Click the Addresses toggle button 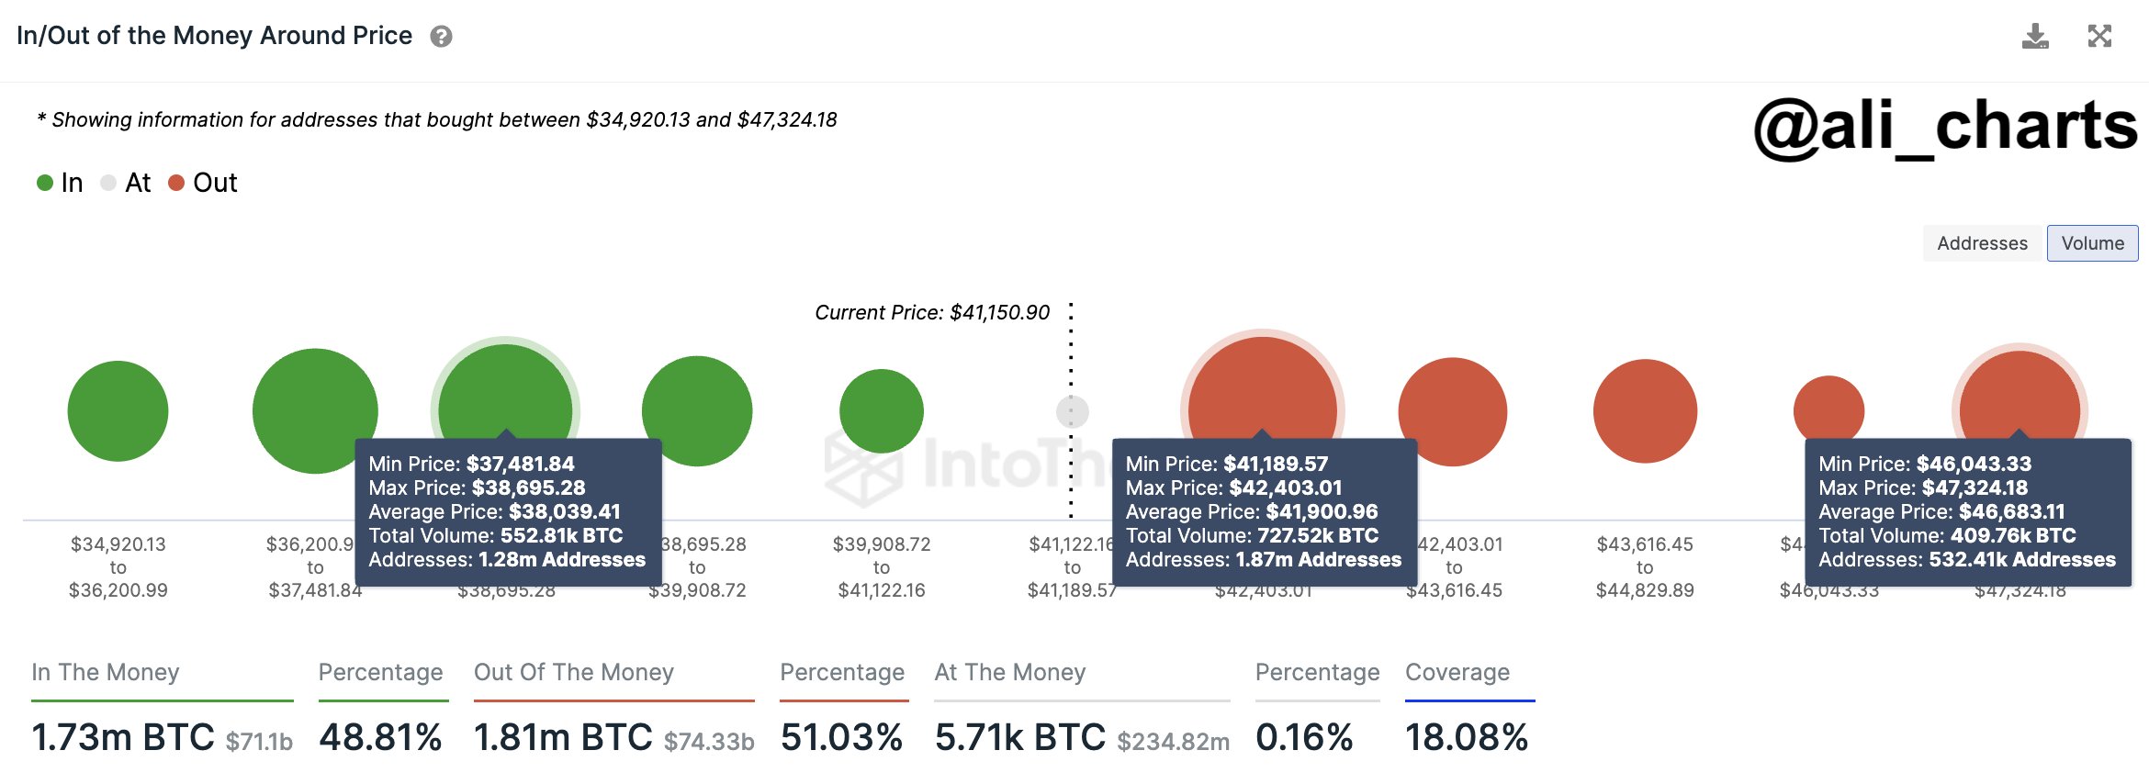tap(1982, 243)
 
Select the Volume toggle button tap(2092, 243)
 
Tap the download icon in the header tap(2035, 37)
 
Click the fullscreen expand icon tap(2099, 37)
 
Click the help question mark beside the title tap(441, 37)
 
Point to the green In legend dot tap(45, 183)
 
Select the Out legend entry tap(204, 183)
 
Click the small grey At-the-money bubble tap(1072, 411)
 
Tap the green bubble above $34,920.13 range tap(118, 410)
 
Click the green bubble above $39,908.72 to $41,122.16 tap(881, 410)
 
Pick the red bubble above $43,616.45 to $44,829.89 tap(1644, 410)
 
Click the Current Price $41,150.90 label tap(931, 312)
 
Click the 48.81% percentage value tap(380, 737)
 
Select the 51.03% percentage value tap(841, 737)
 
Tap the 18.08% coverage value tap(1466, 737)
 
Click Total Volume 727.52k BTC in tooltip tap(1252, 535)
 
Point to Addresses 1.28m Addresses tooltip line tap(506, 559)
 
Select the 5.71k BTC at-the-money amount tap(1019, 737)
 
